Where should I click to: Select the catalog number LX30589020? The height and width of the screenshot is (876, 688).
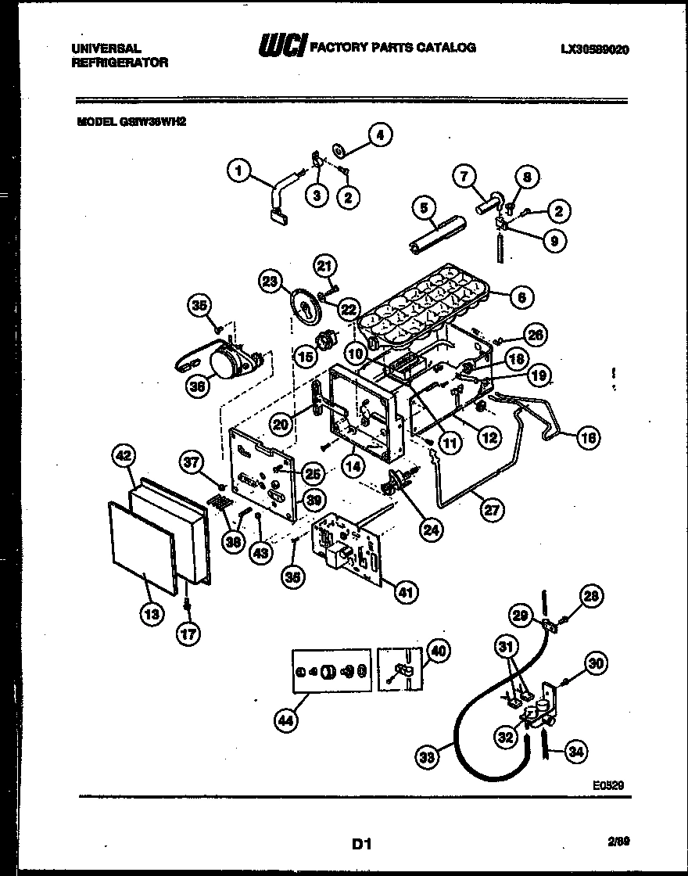click(x=595, y=48)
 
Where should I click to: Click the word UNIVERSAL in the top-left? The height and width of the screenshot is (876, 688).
click(x=106, y=48)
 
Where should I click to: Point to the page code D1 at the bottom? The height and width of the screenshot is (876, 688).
click(x=360, y=844)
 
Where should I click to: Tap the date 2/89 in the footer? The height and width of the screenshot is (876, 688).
click(x=618, y=842)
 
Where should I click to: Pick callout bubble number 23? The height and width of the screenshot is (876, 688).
click(x=271, y=282)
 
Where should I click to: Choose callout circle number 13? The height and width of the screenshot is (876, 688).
click(x=152, y=614)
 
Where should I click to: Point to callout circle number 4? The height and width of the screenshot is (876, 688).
click(x=380, y=135)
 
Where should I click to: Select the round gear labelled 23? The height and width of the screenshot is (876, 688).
click(x=301, y=306)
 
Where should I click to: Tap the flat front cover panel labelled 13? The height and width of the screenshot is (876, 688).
click(x=141, y=547)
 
